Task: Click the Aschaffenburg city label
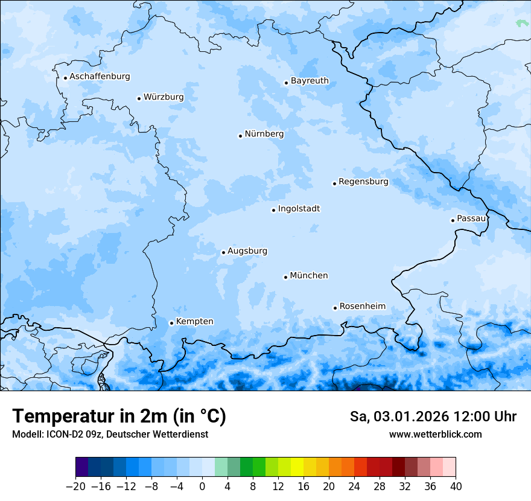point(100,77)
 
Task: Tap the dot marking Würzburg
point(139,98)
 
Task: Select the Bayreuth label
point(310,81)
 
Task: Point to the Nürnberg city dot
point(240,136)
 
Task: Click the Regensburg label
point(363,182)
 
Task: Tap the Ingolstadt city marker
point(273,211)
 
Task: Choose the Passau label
point(471,219)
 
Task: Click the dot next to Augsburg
point(223,253)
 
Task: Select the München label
point(308,276)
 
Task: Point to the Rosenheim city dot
point(335,308)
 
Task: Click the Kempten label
point(194,322)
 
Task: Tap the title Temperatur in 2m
point(119,416)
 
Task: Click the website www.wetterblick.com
point(435,435)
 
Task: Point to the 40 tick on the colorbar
point(456,487)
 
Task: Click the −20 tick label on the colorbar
point(75,487)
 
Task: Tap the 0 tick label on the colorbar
point(202,487)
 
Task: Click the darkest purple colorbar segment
point(82,467)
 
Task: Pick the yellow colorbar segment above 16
point(297,467)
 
